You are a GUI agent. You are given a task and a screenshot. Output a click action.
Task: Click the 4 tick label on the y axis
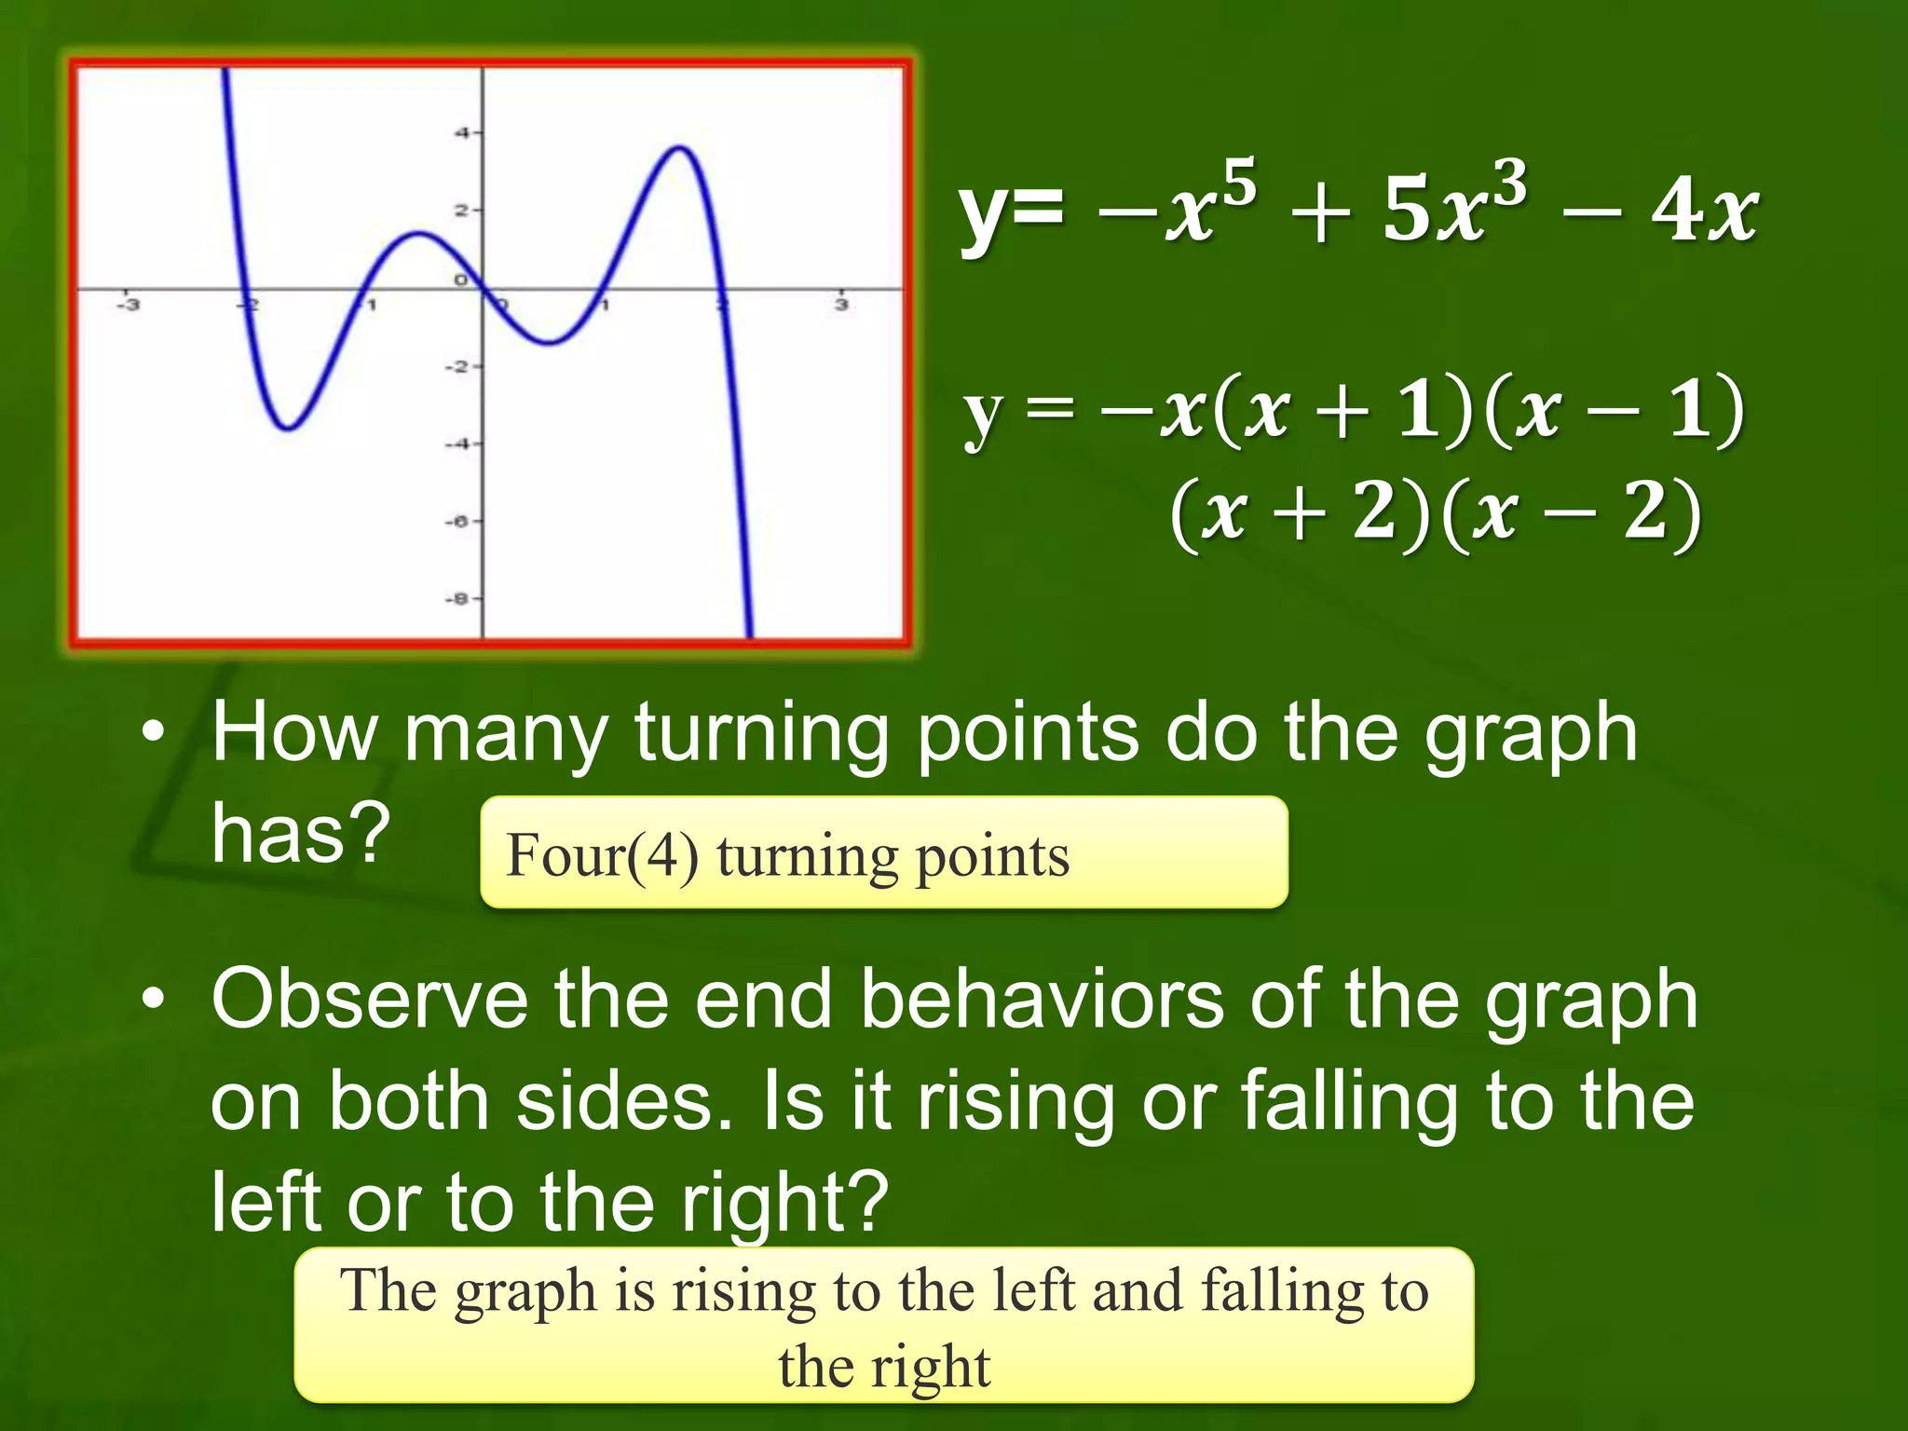(x=461, y=133)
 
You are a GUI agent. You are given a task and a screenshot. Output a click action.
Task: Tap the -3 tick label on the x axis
(x=127, y=305)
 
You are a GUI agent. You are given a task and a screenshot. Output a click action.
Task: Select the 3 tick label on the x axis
(x=841, y=305)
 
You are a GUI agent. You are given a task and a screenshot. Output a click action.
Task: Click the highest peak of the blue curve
(x=681, y=147)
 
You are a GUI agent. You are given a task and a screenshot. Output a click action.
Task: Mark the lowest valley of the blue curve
(x=289, y=429)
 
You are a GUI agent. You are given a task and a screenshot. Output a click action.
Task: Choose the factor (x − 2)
(x=1570, y=512)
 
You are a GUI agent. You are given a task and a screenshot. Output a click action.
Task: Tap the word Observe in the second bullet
(x=369, y=1000)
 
